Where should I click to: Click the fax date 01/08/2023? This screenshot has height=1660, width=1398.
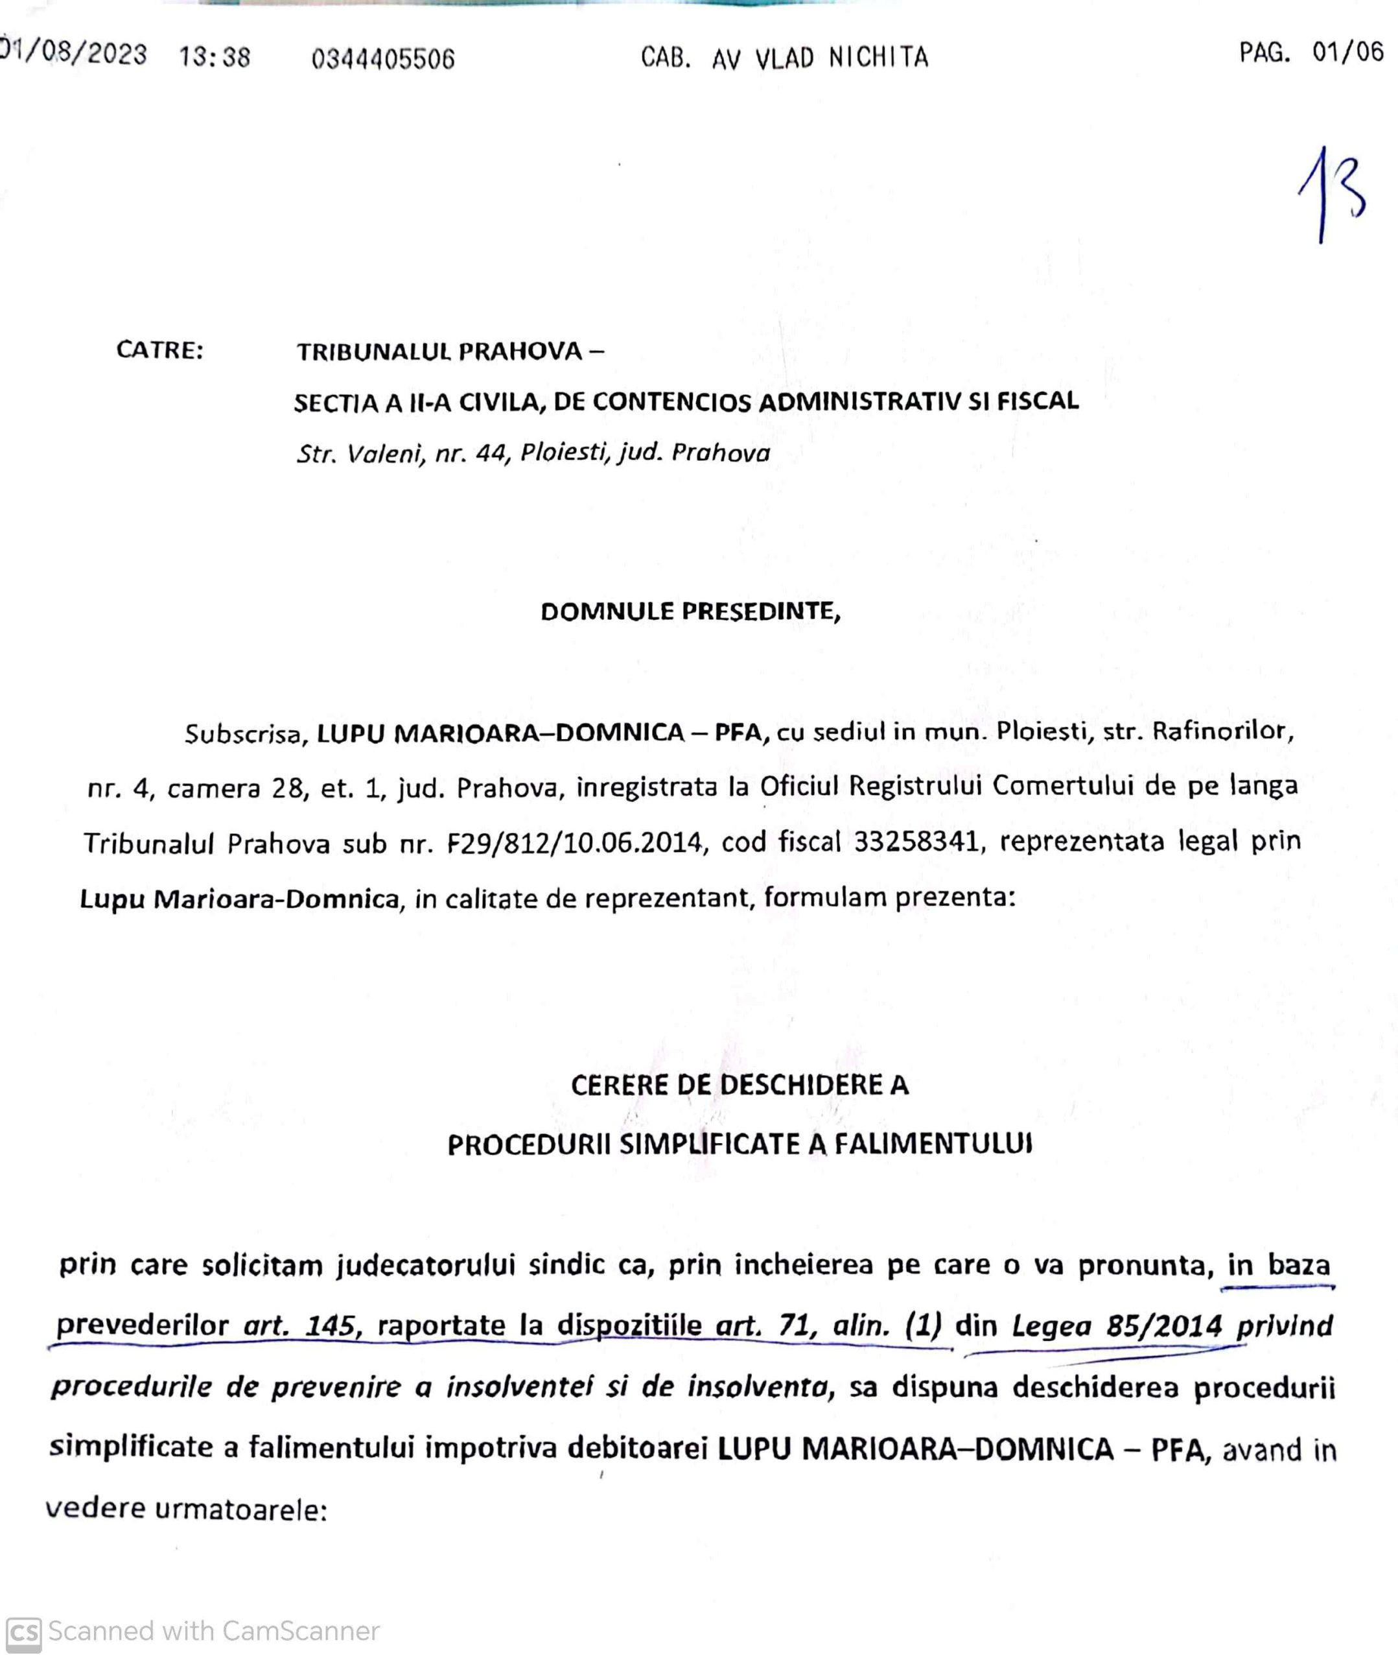pos(73,54)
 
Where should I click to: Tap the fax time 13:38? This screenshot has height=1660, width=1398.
pos(214,57)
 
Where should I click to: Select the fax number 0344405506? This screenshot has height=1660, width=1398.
pos(384,58)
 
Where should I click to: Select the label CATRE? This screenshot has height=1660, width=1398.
pos(160,350)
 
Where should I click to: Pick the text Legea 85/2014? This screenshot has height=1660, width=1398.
pos(1117,1325)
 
